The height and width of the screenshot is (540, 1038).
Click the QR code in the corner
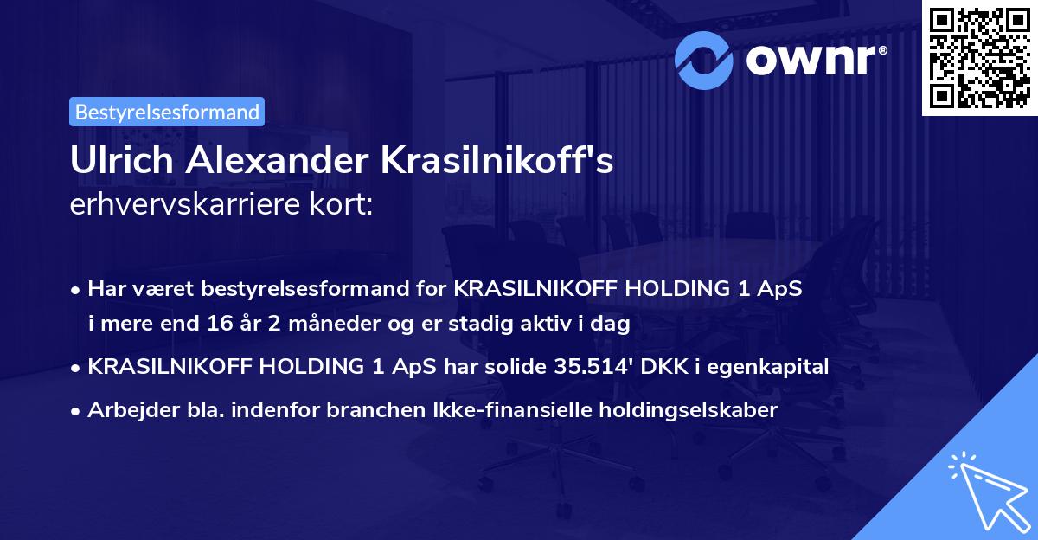[977, 57]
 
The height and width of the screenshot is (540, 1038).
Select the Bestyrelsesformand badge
[167, 112]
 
